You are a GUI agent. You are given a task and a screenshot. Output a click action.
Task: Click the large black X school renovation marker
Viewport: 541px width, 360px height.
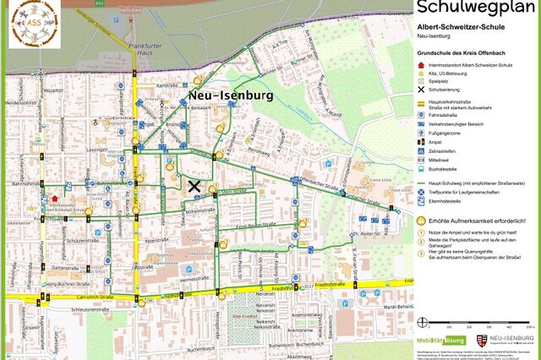coord(194,186)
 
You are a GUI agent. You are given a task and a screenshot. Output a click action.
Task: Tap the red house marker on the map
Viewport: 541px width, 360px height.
coord(55,199)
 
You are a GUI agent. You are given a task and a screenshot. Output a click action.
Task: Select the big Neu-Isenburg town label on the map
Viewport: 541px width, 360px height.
coord(231,95)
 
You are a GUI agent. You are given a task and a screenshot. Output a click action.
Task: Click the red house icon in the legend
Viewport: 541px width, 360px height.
coord(422,62)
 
